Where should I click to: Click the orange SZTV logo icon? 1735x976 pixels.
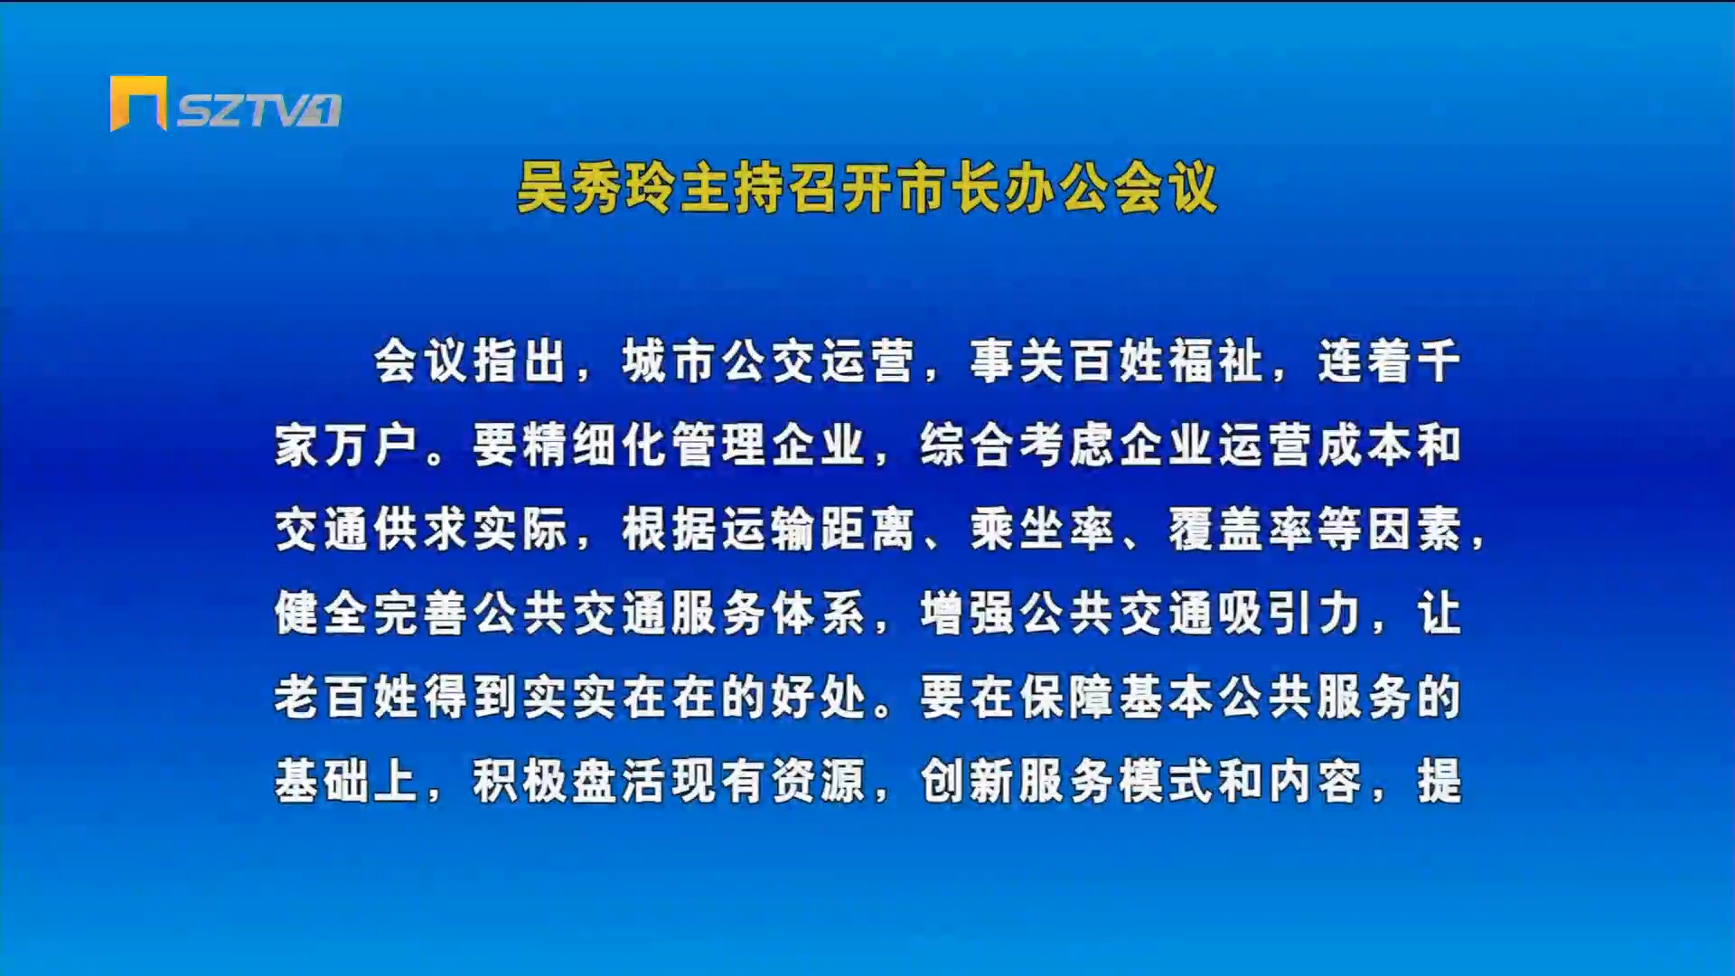click(x=138, y=102)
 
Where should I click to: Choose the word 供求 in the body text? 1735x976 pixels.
click(x=421, y=529)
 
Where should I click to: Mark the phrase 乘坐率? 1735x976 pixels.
click(x=1042, y=529)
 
